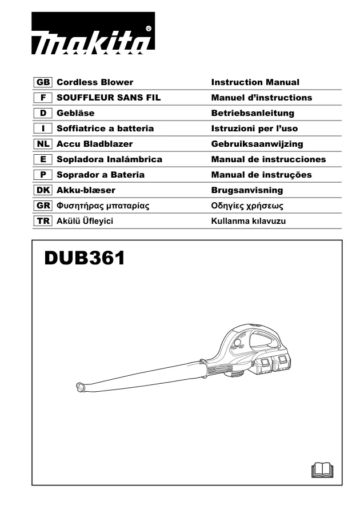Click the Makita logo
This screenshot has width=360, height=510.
tap(93, 33)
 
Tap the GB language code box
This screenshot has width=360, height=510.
tap(43, 82)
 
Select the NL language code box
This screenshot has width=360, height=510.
tap(43, 144)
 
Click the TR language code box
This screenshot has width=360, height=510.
tap(43, 221)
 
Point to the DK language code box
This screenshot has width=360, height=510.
tap(43, 190)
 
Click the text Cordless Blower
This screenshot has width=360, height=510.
tap(95, 82)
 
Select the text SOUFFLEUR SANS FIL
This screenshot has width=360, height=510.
tap(109, 98)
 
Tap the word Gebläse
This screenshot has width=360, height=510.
tap(75, 113)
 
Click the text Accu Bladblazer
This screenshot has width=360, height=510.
tap(95, 144)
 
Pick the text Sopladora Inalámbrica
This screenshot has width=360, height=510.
tap(109, 159)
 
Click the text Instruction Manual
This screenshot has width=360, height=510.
tap(255, 82)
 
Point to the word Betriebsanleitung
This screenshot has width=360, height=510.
tap(253, 113)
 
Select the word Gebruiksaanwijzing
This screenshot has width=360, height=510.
tap(257, 144)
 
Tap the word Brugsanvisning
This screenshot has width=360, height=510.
tap(247, 190)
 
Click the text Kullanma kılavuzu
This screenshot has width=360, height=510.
tap(249, 221)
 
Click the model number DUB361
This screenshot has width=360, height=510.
tap(85, 258)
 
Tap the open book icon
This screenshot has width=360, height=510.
tap(322, 470)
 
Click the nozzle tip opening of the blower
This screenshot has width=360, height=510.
tap(80, 387)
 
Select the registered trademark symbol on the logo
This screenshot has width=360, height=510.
tap(149, 29)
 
